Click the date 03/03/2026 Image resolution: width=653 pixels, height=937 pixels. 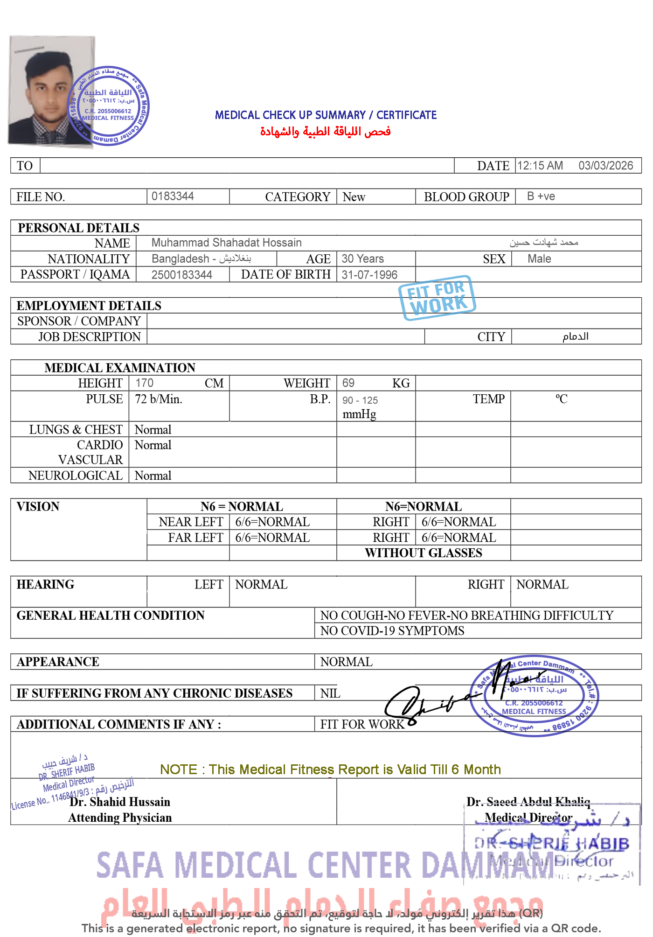click(x=605, y=166)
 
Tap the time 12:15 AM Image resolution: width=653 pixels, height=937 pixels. click(x=540, y=166)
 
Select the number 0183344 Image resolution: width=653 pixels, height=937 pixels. click(x=173, y=196)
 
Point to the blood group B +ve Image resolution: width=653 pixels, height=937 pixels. click(x=541, y=196)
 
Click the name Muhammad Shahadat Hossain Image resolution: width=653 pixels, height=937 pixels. click(x=226, y=243)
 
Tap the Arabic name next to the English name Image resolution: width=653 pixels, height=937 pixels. click(x=543, y=242)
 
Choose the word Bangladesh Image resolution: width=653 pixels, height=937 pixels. click(x=181, y=259)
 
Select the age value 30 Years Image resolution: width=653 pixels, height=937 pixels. click(x=362, y=259)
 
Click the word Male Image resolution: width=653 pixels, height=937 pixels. click(x=539, y=259)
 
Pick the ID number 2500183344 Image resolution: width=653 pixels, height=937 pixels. click(x=181, y=275)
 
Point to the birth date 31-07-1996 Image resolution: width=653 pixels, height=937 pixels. click(x=369, y=275)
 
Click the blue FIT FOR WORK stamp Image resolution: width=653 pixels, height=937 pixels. click(x=437, y=298)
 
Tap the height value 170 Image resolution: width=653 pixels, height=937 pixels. click(x=144, y=383)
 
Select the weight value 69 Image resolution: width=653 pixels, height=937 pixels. click(x=348, y=383)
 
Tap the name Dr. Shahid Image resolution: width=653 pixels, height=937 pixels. click(x=97, y=802)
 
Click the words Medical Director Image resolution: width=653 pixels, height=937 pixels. click(x=528, y=818)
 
